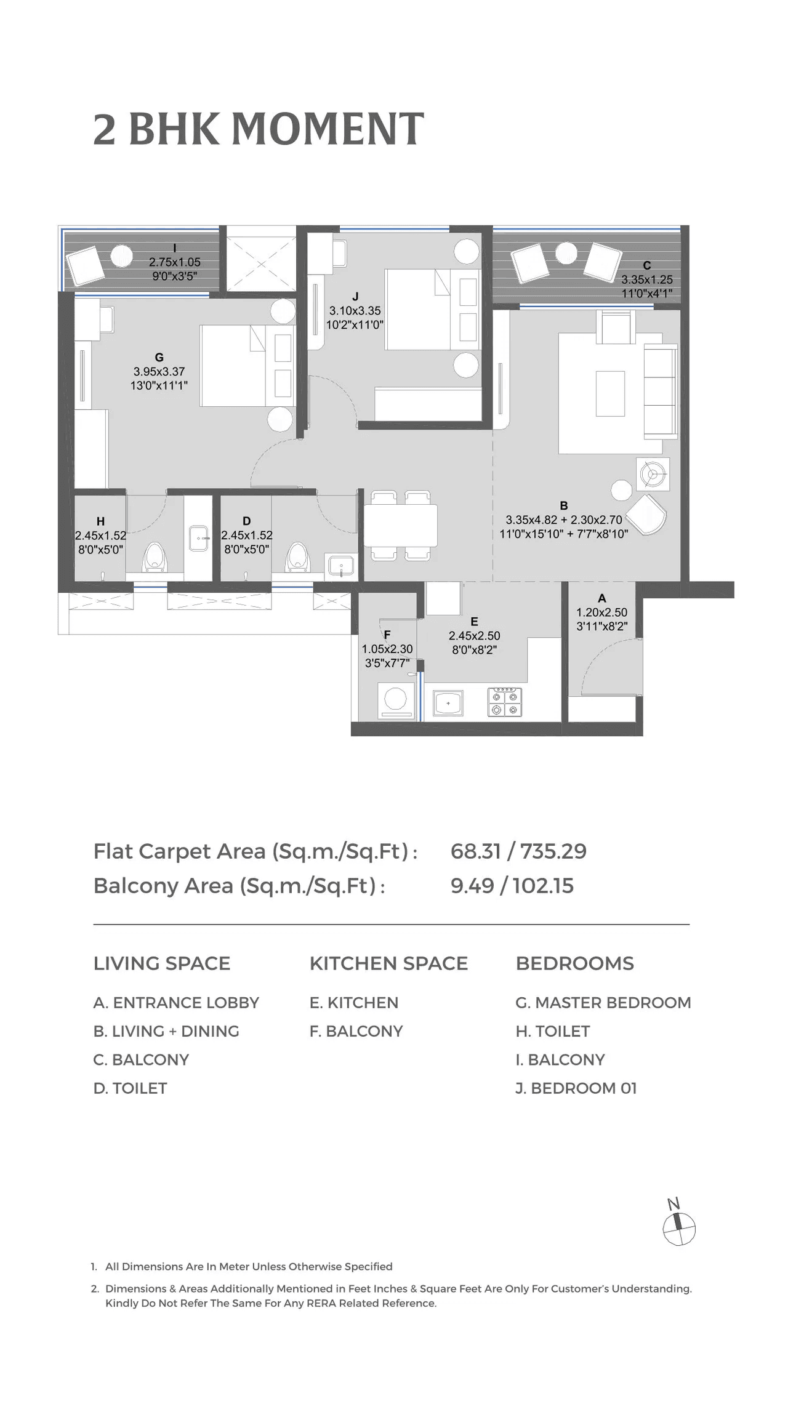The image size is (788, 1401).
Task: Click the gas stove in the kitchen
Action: [505, 702]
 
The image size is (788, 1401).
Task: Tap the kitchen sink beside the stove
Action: [448, 703]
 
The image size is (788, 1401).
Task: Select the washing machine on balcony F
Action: [395, 701]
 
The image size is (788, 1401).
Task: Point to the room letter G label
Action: [159, 357]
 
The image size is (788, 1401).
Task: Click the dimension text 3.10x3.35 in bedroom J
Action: [355, 311]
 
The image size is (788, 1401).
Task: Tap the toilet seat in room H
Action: [154, 556]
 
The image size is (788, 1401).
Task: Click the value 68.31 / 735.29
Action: [518, 851]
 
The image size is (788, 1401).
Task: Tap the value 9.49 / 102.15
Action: [512, 886]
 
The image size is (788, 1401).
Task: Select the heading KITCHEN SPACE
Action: [388, 963]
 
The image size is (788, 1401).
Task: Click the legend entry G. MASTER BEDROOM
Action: [603, 1003]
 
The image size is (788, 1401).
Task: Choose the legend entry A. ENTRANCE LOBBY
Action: [176, 1003]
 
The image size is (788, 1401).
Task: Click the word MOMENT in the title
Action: [328, 129]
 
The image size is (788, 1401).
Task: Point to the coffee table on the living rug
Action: [610, 393]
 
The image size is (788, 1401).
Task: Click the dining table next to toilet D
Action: [401, 525]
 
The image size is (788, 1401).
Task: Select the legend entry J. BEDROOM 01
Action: [576, 1088]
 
